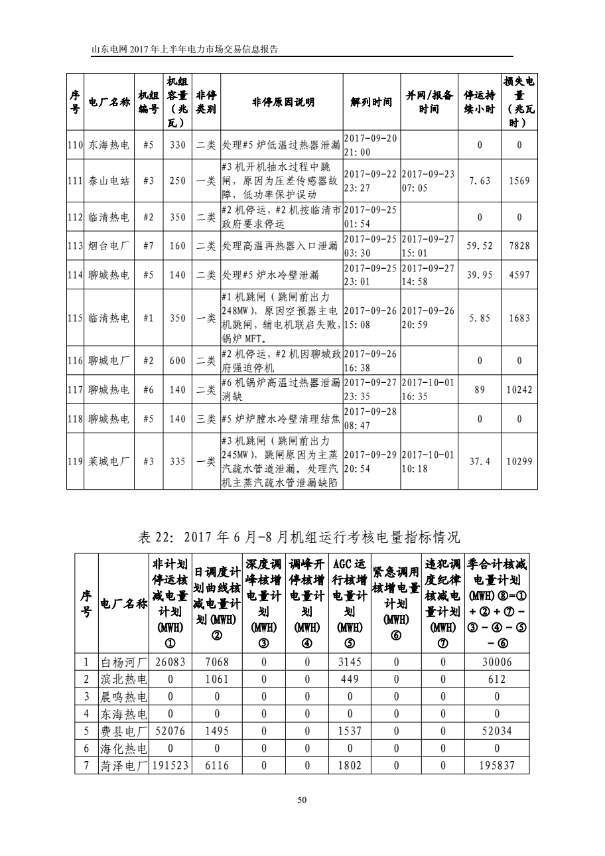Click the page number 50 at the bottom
pos(302,800)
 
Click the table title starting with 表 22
pos(298,536)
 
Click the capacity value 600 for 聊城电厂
pos(177,361)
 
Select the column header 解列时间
pos(371,102)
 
